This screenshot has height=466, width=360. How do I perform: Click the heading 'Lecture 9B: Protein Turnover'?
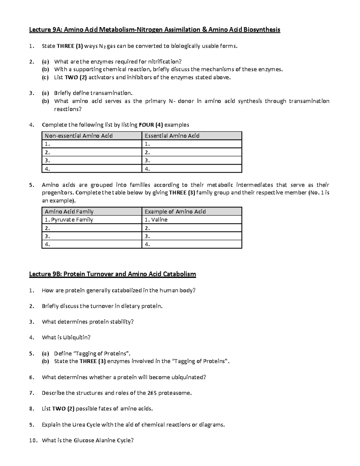click(112, 274)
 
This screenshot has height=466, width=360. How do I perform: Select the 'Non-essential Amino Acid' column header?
click(79, 136)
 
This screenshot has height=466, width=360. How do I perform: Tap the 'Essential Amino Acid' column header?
click(172, 136)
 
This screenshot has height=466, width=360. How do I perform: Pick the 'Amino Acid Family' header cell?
click(69, 212)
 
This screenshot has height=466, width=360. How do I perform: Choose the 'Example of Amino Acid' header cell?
click(175, 212)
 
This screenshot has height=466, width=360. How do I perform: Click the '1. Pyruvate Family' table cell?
click(69, 220)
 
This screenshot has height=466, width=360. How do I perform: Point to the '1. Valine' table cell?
click(156, 220)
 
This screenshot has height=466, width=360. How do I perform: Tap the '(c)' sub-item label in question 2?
click(45, 77)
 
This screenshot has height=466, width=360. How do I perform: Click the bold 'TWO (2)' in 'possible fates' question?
click(63, 408)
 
